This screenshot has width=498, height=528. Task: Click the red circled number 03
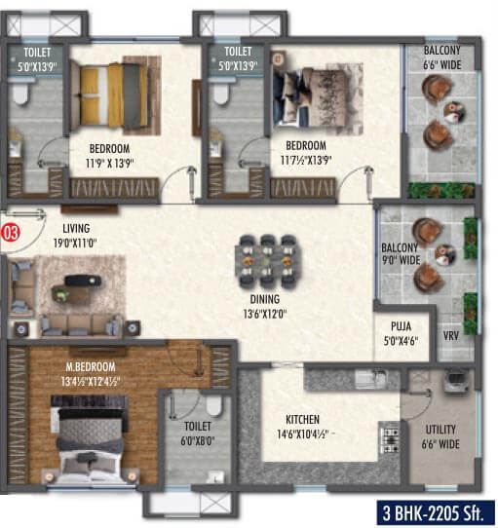11,233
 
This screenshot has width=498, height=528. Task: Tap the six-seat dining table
267,261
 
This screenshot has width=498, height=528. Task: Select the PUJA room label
401,326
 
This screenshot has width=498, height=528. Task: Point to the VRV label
450,335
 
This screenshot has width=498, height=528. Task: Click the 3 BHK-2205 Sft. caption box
435,513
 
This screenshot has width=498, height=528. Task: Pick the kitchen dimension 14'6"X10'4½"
302,434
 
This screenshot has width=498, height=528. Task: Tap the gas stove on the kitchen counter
389,440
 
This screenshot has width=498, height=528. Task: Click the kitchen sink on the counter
370,378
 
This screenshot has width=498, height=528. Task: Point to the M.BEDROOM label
91,366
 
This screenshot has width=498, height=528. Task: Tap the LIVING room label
76,228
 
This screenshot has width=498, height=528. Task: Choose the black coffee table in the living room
83,281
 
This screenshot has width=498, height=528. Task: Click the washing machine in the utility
455,381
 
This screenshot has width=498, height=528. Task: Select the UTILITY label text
441,430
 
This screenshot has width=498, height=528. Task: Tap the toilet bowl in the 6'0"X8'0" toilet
214,406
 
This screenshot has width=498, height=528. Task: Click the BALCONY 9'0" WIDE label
401,254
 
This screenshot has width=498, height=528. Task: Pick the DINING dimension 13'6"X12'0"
265,314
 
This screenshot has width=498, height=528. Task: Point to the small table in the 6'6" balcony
453,112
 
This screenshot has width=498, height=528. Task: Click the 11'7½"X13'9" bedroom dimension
306,160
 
